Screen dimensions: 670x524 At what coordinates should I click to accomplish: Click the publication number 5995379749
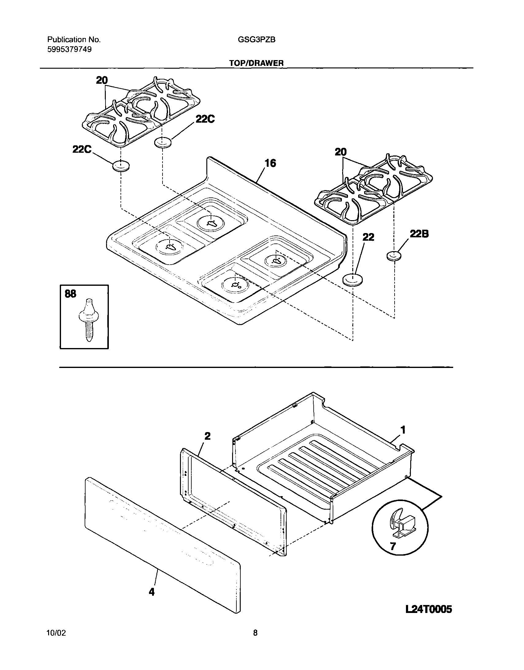[x=69, y=49]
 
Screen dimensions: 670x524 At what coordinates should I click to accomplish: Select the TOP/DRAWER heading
[x=256, y=63]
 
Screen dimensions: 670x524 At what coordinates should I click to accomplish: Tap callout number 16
[x=270, y=163]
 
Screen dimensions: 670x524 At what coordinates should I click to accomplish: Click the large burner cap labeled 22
[x=352, y=280]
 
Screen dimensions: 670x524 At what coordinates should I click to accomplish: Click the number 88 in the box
[x=70, y=294]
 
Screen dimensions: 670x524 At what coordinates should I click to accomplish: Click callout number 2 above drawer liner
[x=207, y=436]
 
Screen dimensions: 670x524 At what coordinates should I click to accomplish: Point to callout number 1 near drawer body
[x=403, y=430]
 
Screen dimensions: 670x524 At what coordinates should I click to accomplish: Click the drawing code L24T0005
[x=428, y=609]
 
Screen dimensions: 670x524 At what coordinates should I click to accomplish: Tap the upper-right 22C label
[x=205, y=119]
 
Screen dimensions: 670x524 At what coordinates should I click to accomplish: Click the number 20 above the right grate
[x=341, y=152]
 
